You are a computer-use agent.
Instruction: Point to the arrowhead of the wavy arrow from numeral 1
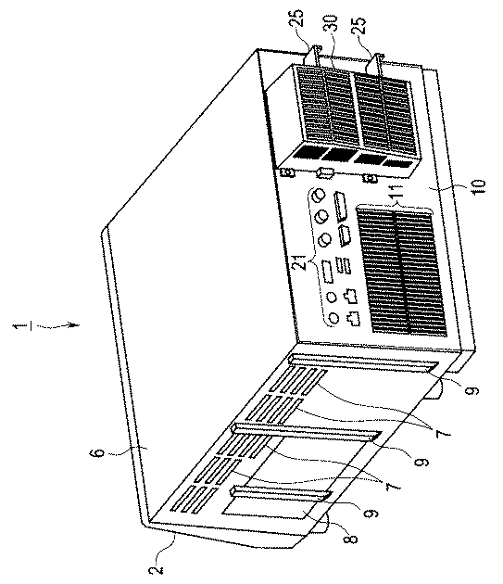(76, 325)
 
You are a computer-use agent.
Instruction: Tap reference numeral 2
(158, 569)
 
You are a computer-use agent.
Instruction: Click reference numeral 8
(352, 539)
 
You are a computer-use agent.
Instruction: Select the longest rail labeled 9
(363, 362)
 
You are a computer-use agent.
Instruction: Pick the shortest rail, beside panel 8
(282, 494)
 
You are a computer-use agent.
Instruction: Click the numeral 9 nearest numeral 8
(370, 514)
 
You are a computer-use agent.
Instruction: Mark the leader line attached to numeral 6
(129, 451)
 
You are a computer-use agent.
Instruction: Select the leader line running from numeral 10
(449, 187)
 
